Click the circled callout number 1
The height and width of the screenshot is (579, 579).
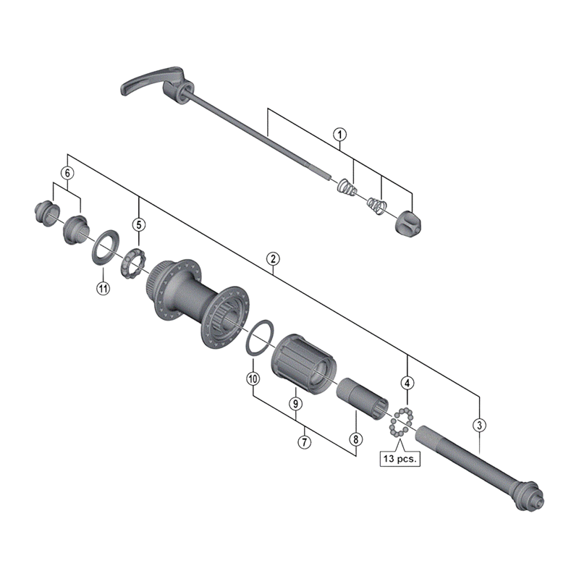pos(339,134)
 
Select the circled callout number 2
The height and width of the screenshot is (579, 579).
pos(273,258)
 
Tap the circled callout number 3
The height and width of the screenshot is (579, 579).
pos(479,425)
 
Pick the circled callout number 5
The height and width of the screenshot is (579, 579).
pos(138,224)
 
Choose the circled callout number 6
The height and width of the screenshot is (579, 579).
pos(67,174)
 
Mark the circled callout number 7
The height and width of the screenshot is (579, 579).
pos(305,440)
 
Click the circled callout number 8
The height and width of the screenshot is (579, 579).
pos(355,439)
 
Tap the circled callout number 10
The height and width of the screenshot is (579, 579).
pos(253,378)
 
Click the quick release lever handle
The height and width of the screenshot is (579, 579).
pos(141,83)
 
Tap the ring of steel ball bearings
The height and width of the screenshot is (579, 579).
pos(401,421)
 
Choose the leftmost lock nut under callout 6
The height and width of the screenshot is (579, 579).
pos(44,213)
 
